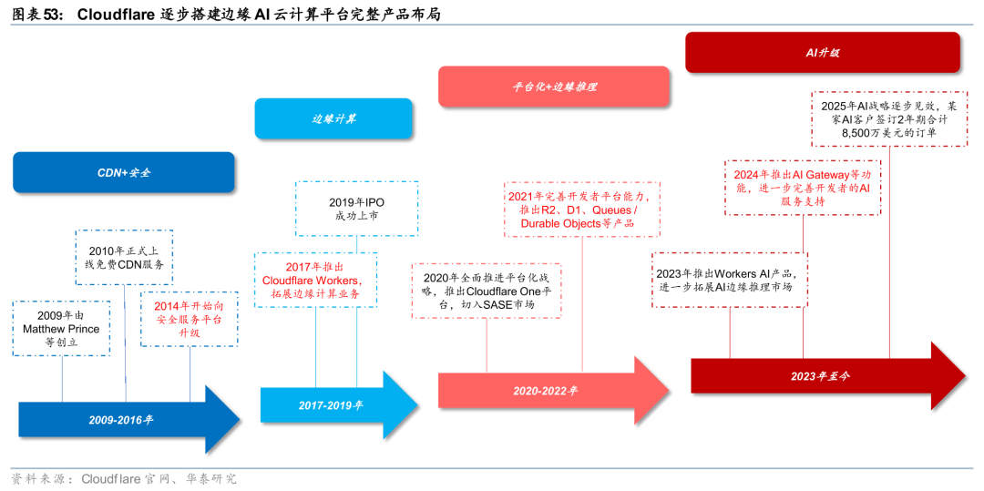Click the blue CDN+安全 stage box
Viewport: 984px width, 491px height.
pos(124,172)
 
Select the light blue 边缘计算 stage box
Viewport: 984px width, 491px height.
pos(333,118)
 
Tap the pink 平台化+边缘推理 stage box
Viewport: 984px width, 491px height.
pos(554,87)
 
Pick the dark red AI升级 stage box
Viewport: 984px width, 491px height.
pos(822,53)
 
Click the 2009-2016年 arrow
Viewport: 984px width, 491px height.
pos(120,420)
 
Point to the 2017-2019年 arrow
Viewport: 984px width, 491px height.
pos(330,404)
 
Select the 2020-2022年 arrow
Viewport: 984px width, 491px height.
pos(545,390)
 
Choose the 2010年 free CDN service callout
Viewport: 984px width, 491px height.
pos(125,257)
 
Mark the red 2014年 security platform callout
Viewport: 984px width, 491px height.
pos(190,319)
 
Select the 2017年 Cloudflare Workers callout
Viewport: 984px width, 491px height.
pos(315,280)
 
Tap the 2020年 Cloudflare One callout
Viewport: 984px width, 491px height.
pos(487,292)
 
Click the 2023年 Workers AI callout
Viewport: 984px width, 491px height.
pos(732,280)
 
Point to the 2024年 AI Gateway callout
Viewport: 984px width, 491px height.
pos(803,188)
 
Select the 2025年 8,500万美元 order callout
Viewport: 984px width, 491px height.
pos(888,118)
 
